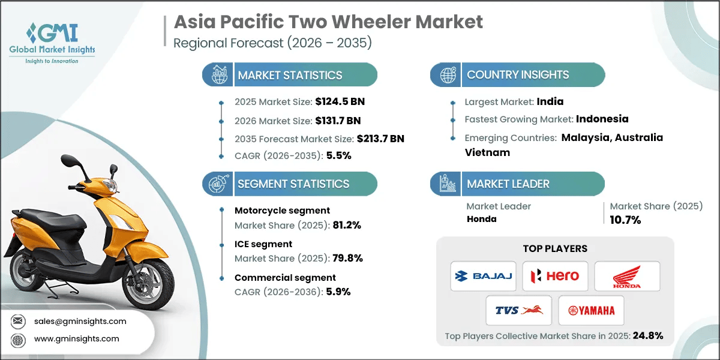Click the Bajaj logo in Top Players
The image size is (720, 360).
coord(483,276)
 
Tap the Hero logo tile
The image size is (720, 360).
coord(555,276)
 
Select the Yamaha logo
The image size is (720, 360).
coord(592,310)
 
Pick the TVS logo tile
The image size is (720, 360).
coord(519,310)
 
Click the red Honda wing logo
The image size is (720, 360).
coord(627,276)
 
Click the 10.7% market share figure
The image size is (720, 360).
coord(625,220)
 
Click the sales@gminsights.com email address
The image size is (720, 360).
coord(80,321)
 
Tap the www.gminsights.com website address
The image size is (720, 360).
coord(76,338)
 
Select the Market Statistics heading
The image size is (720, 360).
coord(290,75)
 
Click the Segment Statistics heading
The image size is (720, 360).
coord(293,184)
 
